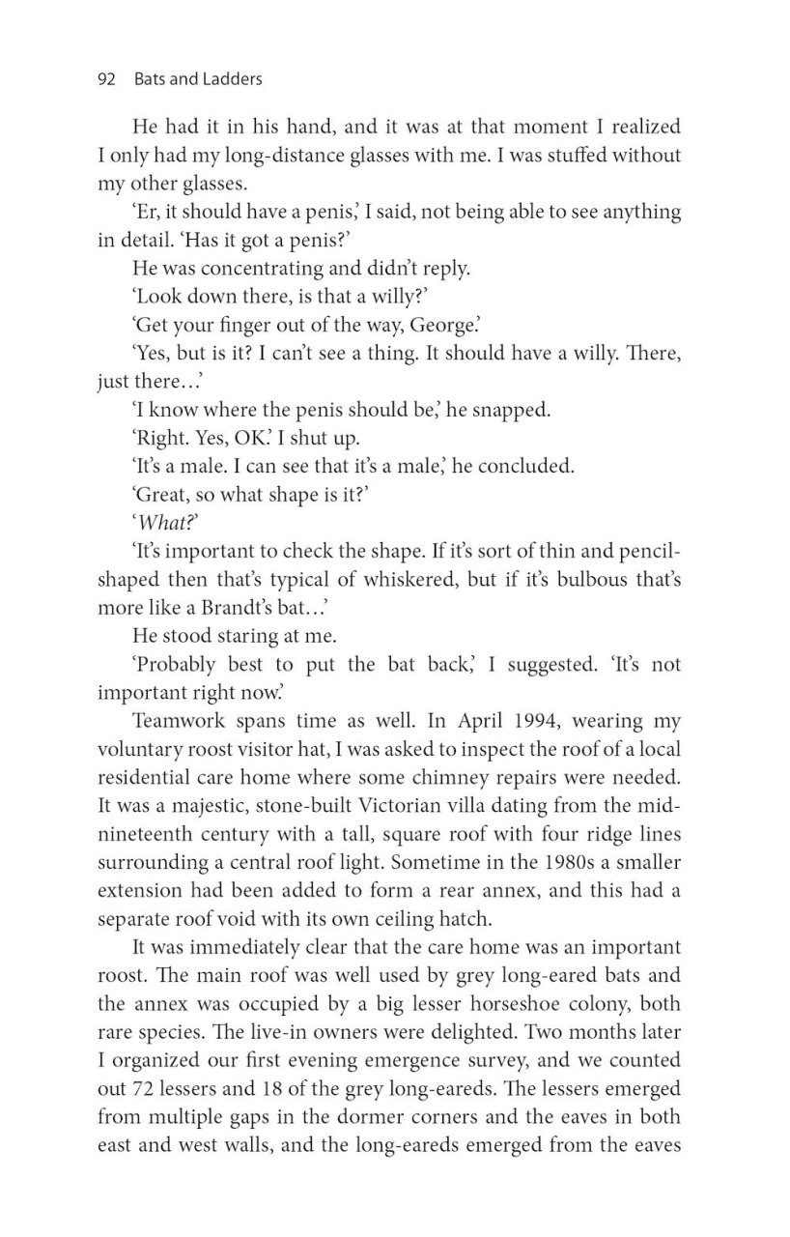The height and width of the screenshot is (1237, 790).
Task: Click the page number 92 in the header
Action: pyautogui.click(x=106, y=79)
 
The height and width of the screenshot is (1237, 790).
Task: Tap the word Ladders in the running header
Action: pyautogui.click(x=230, y=79)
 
